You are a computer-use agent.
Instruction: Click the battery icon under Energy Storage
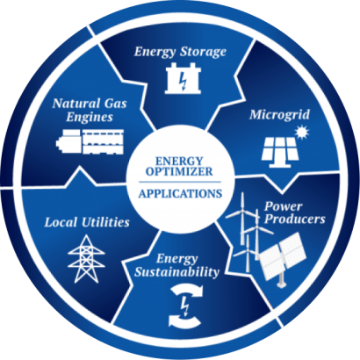tap(183, 78)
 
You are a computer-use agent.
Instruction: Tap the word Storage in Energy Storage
tap(203, 52)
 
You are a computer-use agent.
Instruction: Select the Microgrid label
tap(279, 115)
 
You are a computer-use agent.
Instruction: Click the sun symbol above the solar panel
tap(302, 133)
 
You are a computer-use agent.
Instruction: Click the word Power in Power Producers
tap(283, 206)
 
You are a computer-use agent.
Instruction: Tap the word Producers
tap(295, 219)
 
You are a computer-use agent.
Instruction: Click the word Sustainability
tap(176, 272)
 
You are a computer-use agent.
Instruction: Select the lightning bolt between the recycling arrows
tap(184, 306)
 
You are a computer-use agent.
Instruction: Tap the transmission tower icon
tap(86, 259)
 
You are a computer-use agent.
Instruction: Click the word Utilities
tap(105, 222)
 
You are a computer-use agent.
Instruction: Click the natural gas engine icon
tap(90, 141)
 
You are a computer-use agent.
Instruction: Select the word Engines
tap(90, 117)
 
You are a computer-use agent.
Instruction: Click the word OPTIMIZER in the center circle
tap(179, 171)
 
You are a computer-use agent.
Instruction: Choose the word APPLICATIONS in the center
tap(180, 194)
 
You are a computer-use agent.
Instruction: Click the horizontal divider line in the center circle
tap(180, 182)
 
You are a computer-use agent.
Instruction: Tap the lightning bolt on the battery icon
tap(183, 80)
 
